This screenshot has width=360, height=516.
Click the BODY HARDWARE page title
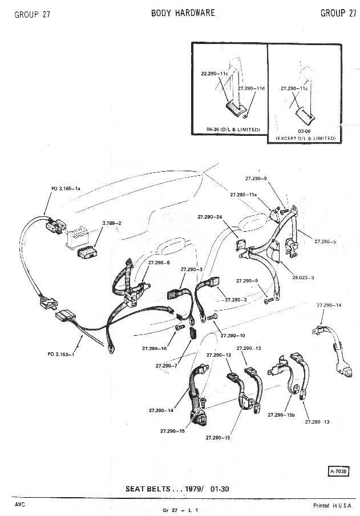[183, 13]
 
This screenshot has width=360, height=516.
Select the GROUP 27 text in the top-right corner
[338, 13]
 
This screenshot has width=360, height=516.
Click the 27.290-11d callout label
[250, 88]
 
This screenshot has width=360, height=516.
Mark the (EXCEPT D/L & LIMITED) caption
[306, 139]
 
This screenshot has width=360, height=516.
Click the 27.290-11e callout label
[244, 195]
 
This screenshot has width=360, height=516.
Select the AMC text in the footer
[20, 505]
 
